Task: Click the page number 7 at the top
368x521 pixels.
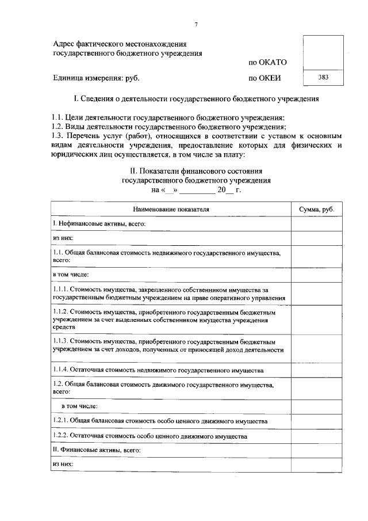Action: point(196,24)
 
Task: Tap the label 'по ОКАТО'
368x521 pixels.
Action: point(267,62)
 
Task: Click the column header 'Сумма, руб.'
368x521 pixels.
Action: point(316,208)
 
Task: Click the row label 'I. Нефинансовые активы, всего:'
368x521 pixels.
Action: point(98,223)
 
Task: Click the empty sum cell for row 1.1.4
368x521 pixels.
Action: point(316,369)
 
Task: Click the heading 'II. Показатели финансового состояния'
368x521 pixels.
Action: point(197,171)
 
